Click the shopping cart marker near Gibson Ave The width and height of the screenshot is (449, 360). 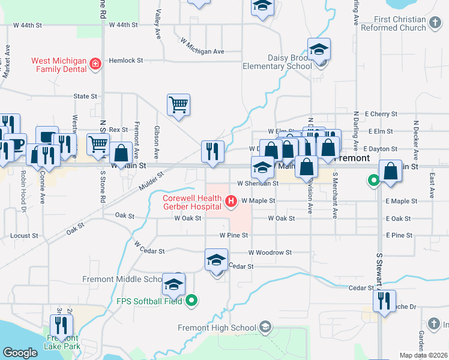[178, 106]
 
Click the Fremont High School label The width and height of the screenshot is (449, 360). [217, 328]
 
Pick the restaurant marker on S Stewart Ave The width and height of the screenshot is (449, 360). [384, 301]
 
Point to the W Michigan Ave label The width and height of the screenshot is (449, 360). [203, 52]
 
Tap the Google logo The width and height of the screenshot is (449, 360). [20, 353]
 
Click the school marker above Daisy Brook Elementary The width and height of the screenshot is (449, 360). [319, 50]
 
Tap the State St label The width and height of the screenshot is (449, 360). [85, 96]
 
